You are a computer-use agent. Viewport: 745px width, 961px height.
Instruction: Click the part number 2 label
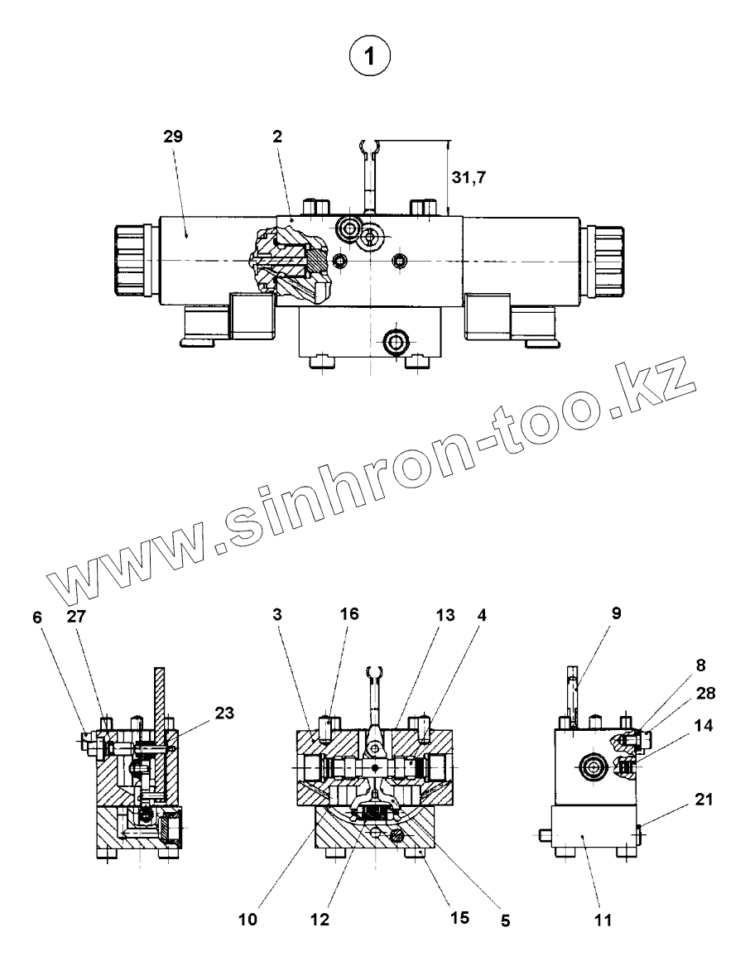tap(277, 137)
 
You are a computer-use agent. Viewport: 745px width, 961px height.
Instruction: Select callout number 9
tap(617, 613)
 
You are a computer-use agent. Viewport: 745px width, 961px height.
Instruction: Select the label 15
tap(459, 917)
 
